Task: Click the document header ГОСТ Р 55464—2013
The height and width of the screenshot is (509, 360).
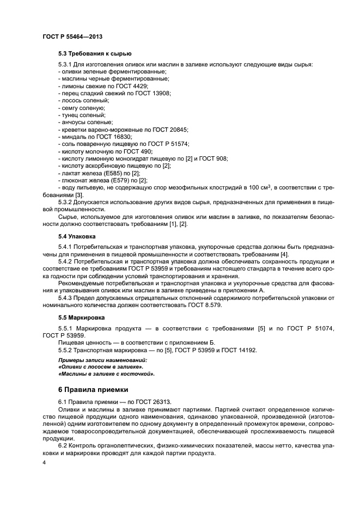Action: coord(72,36)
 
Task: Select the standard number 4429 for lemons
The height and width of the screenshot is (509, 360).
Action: coord(140,86)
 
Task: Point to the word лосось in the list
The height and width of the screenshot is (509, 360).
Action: coord(71,101)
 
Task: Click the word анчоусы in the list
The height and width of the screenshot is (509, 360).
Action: coord(75,122)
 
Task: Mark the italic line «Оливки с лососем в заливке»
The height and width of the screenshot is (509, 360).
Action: coord(97,367)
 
